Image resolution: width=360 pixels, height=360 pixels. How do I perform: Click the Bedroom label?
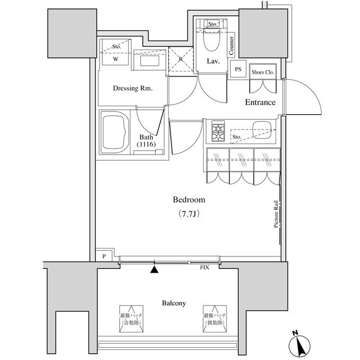pos(188,200)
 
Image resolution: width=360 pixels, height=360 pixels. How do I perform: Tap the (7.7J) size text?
pos(188,214)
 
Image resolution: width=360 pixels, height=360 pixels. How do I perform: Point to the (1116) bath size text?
pos(146,145)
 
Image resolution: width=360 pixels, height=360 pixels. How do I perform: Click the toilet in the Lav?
pos(213,40)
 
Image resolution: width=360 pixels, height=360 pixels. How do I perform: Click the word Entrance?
pos(260,102)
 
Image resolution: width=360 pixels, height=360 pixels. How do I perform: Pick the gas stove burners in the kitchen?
pos(218,132)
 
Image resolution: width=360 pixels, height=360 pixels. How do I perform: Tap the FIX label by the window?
pos(205,267)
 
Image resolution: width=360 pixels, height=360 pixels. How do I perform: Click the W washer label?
pos(115,58)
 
